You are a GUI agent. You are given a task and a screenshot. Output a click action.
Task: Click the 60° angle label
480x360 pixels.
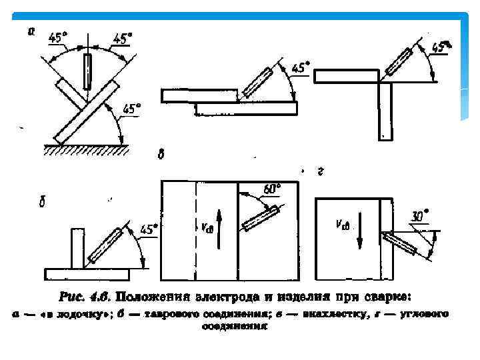coord(271,189)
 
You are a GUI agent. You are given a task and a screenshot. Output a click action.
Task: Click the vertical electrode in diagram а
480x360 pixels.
coord(87,72)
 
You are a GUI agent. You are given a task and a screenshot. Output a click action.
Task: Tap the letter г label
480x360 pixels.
coord(320,171)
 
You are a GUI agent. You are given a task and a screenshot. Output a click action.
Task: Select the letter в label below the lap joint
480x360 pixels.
coord(161,155)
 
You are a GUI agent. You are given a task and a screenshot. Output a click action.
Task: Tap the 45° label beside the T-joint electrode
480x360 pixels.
coord(151,229)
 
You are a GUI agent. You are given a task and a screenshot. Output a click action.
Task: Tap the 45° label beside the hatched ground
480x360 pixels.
coord(132,107)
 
